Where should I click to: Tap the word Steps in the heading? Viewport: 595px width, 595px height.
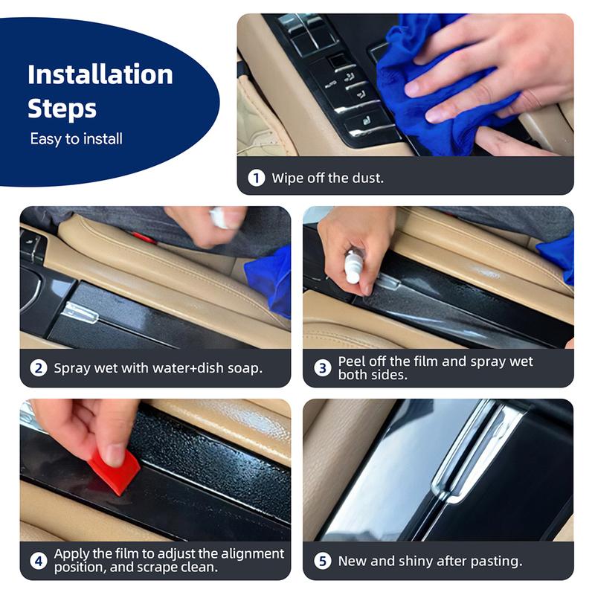pos(62,109)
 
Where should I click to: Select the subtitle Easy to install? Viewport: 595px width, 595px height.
pos(77,139)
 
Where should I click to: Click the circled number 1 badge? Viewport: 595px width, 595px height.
pos(256,178)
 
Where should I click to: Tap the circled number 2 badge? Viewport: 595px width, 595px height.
pos(39,367)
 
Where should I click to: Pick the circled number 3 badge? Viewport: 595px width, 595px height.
pos(323,367)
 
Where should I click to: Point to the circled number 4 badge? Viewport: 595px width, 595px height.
pos(39,561)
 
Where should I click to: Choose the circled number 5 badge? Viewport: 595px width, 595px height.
pos(323,561)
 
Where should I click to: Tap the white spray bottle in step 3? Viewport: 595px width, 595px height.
pos(352,266)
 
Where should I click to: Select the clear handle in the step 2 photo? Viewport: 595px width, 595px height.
pos(80,312)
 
